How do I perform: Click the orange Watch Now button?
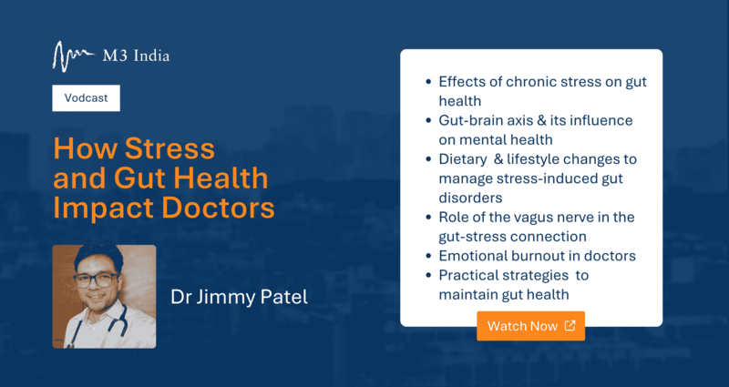530,326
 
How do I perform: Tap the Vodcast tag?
86,98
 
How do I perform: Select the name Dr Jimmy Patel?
239,298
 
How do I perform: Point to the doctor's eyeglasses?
95,280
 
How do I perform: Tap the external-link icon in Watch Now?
570,325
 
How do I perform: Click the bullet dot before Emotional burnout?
428,256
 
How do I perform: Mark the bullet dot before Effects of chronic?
428,82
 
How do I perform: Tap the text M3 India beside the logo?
136,56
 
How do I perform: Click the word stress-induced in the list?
553,178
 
